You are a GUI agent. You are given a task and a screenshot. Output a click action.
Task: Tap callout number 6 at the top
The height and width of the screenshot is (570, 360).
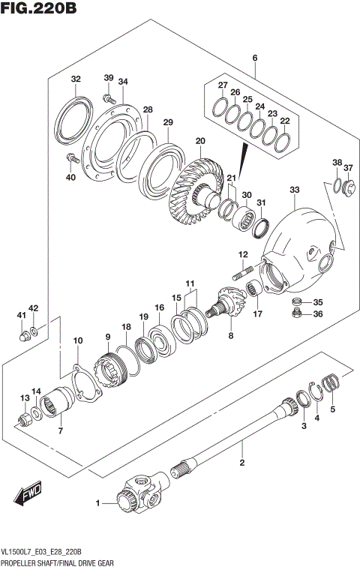click(255, 58)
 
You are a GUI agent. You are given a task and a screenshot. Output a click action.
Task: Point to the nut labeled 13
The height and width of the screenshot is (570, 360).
click(23, 418)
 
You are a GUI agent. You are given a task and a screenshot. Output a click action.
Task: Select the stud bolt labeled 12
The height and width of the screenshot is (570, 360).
click(241, 274)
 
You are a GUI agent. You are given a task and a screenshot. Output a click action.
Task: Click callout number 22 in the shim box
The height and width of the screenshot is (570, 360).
click(284, 121)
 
